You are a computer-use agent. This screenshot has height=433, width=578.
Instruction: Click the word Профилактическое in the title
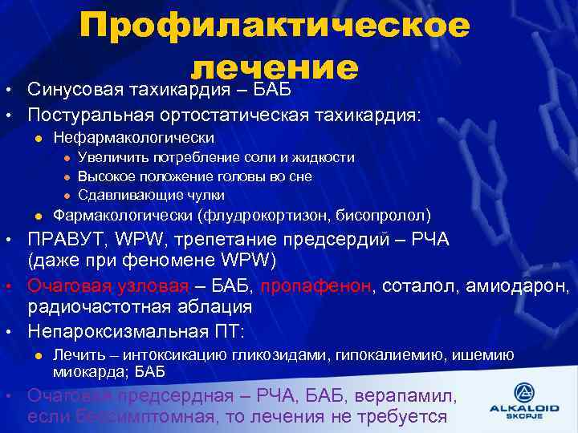(275, 26)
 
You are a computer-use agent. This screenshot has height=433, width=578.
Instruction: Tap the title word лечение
(275, 67)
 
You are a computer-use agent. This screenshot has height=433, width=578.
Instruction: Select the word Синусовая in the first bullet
(75, 87)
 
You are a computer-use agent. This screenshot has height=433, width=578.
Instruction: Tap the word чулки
(205, 195)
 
